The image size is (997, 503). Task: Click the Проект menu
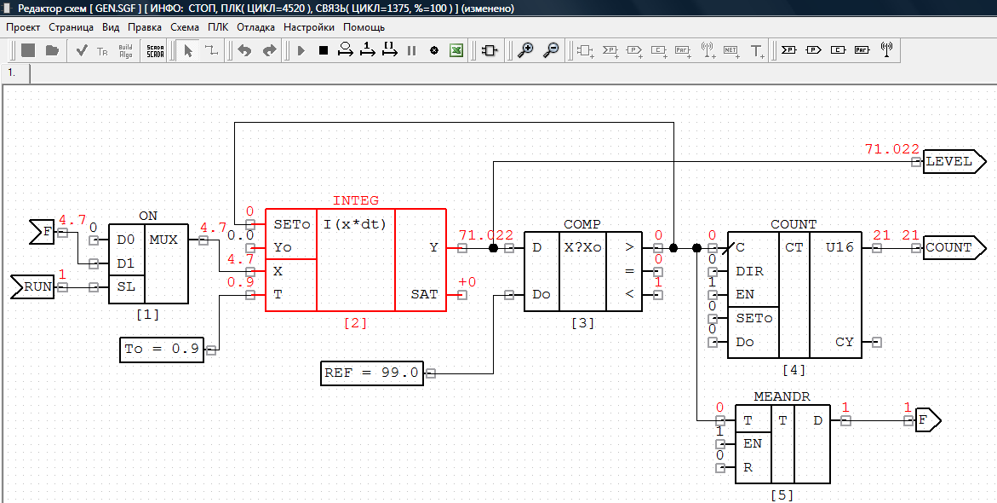click(23, 27)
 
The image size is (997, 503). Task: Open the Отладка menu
click(255, 27)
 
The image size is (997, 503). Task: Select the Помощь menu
click(364, 27)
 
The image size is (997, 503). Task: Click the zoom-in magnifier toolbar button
click(525, 50)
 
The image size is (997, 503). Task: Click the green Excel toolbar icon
click(456, 50)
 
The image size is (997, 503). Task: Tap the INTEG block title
click(355, 200)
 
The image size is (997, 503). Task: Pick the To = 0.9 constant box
click(162, 350)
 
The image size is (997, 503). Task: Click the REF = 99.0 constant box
click(371, 373)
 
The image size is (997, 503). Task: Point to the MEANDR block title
click(782, 396)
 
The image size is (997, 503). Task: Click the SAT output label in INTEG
click(423, 295)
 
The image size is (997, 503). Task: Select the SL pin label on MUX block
click(126, 286)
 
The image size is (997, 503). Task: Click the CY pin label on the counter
click(845, 342)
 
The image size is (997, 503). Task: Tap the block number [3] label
click(582, 323)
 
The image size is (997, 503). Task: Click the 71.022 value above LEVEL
click(892, 150)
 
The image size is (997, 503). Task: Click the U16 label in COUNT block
click(840, 248)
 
